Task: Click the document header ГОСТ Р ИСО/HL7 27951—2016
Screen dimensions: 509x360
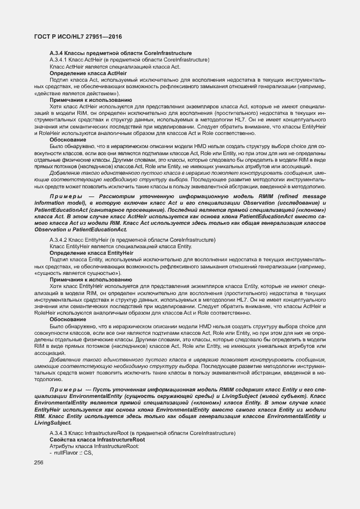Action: coord(75,36)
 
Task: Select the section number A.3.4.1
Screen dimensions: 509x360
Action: coord(58,59)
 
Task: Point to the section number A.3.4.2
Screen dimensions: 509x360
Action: coord(58,240)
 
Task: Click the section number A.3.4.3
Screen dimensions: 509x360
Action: coord(58,433)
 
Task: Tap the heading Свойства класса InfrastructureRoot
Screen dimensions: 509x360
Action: coord(97,439)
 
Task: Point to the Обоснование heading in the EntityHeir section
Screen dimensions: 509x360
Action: coord(67,319)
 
